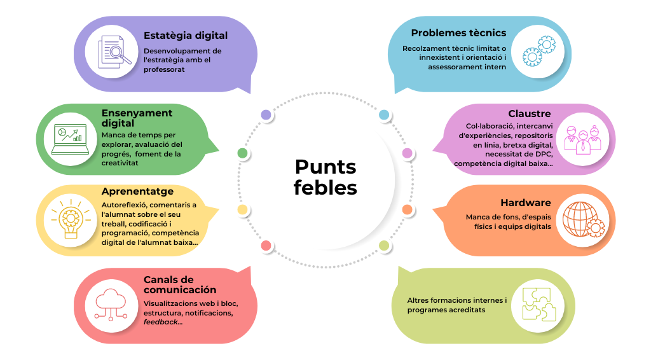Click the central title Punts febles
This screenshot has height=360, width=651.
[x=325, y=177]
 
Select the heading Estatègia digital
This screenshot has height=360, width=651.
[x=185, y=36]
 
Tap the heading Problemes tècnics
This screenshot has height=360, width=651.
[x=458, y=33]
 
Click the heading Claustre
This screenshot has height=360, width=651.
[x=530, y=114]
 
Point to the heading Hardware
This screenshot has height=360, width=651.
[x=525, y=203]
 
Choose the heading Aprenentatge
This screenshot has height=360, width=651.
[x=137, y=191]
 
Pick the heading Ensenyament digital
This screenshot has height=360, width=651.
[x=137, y=118]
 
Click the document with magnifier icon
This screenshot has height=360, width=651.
[x=114, y=52]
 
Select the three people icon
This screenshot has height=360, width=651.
[x=582, y=139]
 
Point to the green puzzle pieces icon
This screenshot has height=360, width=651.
[x=540, y=304]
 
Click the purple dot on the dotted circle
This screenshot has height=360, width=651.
[x=266, y=115]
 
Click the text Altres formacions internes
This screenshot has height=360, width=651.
[x=456, y=300]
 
